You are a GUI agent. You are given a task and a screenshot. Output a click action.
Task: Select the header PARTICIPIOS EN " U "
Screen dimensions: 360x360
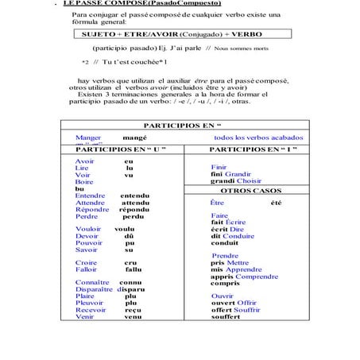119,149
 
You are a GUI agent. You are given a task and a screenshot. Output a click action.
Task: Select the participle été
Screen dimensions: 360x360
275,203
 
